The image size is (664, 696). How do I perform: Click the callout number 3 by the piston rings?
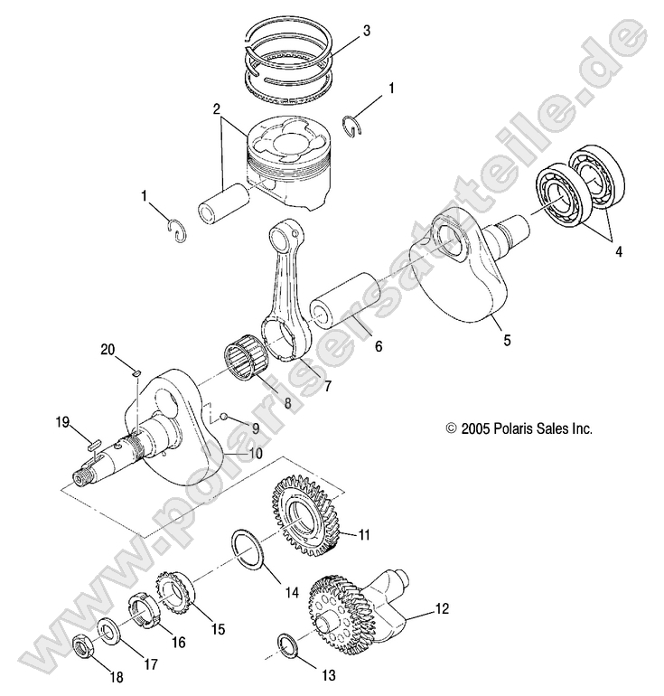pyautogui.click(x=366, y=31)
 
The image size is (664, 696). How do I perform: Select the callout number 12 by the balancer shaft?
pyautogui.click(x=441, y=608)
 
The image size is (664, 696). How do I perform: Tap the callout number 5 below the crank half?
pyautogui.click(x=507, y=341)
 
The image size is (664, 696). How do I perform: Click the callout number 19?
pyautogui.click(x=62, y=421)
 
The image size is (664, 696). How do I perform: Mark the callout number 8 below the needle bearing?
pyautogui.click(x=288, y=406)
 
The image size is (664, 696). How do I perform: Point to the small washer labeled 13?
pyautogui.click(x=288, y=644)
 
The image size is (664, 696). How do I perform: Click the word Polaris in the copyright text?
pyautogui.click(x=512, y=430)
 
